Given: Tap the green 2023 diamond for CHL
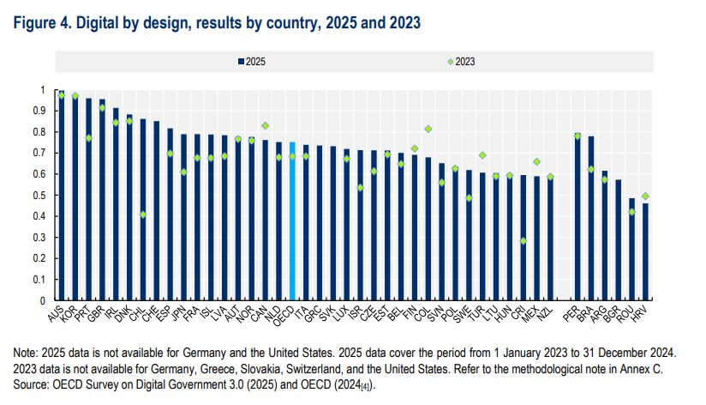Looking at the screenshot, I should click(x=143, y=215).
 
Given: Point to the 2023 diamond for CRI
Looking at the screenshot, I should click(x=523, y=241).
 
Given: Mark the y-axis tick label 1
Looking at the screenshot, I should click(x=45, y=90).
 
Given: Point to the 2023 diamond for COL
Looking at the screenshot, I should click(x=427, y=130).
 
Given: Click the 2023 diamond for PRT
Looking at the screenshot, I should click(x=88, y=138).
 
